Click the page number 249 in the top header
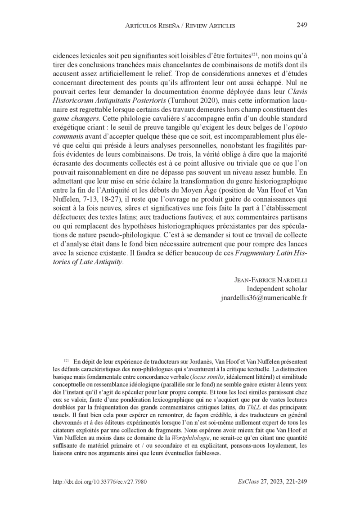click(x=301, y=25)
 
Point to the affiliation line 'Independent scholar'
click(x=277, y=288)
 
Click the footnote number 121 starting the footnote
click(x=66, y=360)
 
